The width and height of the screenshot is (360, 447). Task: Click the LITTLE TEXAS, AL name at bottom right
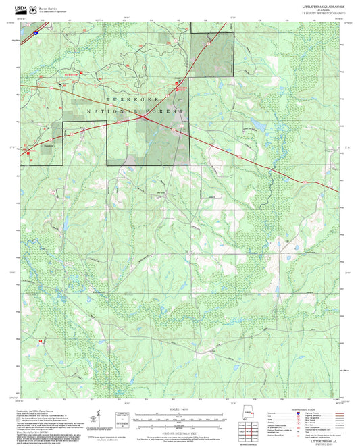click(x=326, y=440)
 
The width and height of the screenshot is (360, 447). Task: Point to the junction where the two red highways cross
click(x=143, y=117)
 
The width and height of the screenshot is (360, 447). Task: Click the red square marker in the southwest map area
click(x=41, y=340)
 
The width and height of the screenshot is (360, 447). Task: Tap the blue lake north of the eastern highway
click(x=257, y=126)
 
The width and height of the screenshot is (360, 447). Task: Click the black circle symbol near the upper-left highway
click(x=60, y=86)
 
